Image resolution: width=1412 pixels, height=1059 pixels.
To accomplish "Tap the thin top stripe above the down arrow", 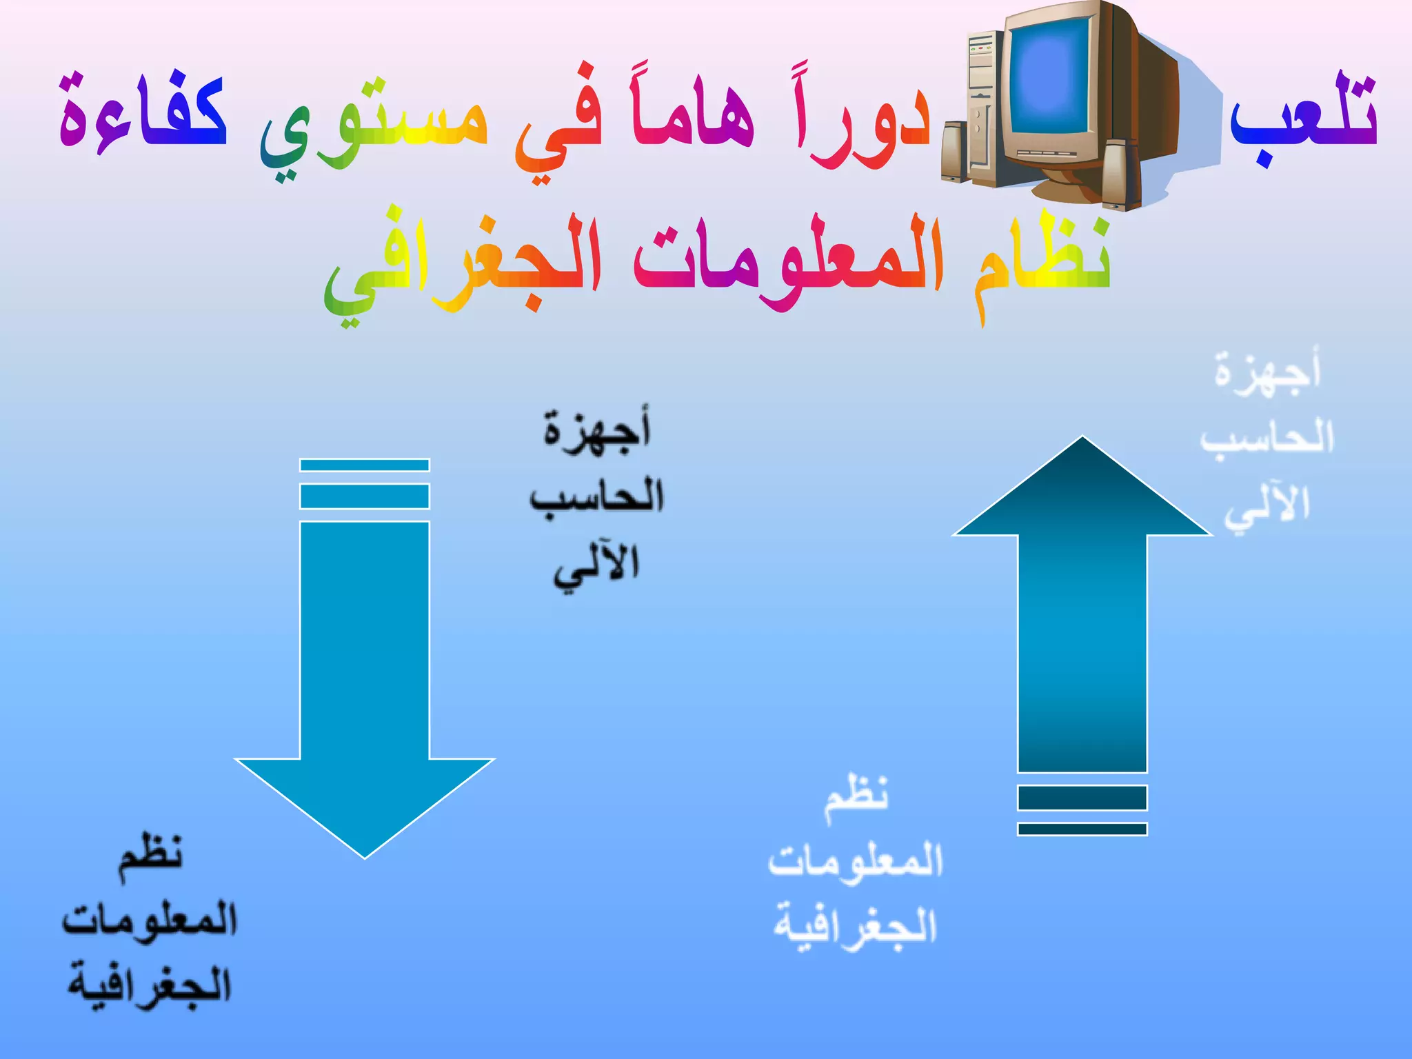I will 365,465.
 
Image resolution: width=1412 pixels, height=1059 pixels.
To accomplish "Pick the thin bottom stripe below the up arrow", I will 1082,829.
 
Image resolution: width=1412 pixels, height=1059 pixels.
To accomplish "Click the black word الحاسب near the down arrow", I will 597,496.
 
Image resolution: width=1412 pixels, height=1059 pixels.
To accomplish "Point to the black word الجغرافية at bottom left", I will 150,986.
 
